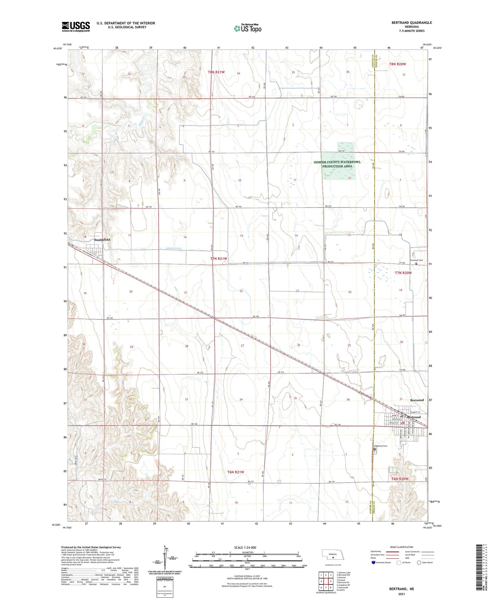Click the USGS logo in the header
(76, 27)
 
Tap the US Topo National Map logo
(247, 28)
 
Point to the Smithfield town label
(102, 240)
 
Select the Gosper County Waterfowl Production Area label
(337, 164)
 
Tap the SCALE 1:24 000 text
(245, 547)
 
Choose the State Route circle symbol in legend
(419, 563)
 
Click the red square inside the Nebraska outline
(332, 557)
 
